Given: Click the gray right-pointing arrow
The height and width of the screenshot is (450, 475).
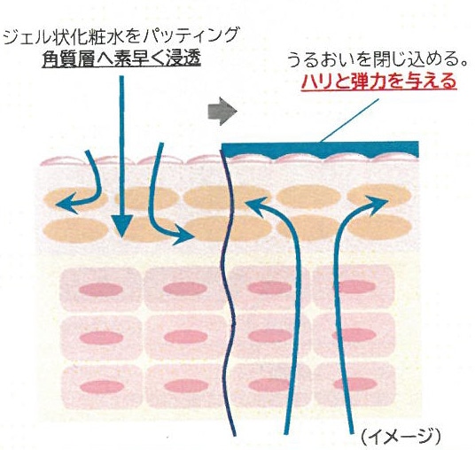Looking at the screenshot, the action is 222,111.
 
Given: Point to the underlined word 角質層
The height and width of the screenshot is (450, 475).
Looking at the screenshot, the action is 66,58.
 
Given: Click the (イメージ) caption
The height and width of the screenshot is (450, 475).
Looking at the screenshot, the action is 401,437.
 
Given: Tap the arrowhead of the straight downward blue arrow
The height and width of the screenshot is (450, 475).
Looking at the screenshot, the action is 121,226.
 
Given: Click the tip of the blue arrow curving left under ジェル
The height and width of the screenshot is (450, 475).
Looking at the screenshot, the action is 58,205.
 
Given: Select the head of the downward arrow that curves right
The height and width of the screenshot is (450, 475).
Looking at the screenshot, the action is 193,236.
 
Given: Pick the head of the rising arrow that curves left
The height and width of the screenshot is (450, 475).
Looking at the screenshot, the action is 249,202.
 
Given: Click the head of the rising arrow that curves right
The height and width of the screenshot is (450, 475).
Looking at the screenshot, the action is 387,200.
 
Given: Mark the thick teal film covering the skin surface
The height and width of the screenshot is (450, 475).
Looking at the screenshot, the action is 321,149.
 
